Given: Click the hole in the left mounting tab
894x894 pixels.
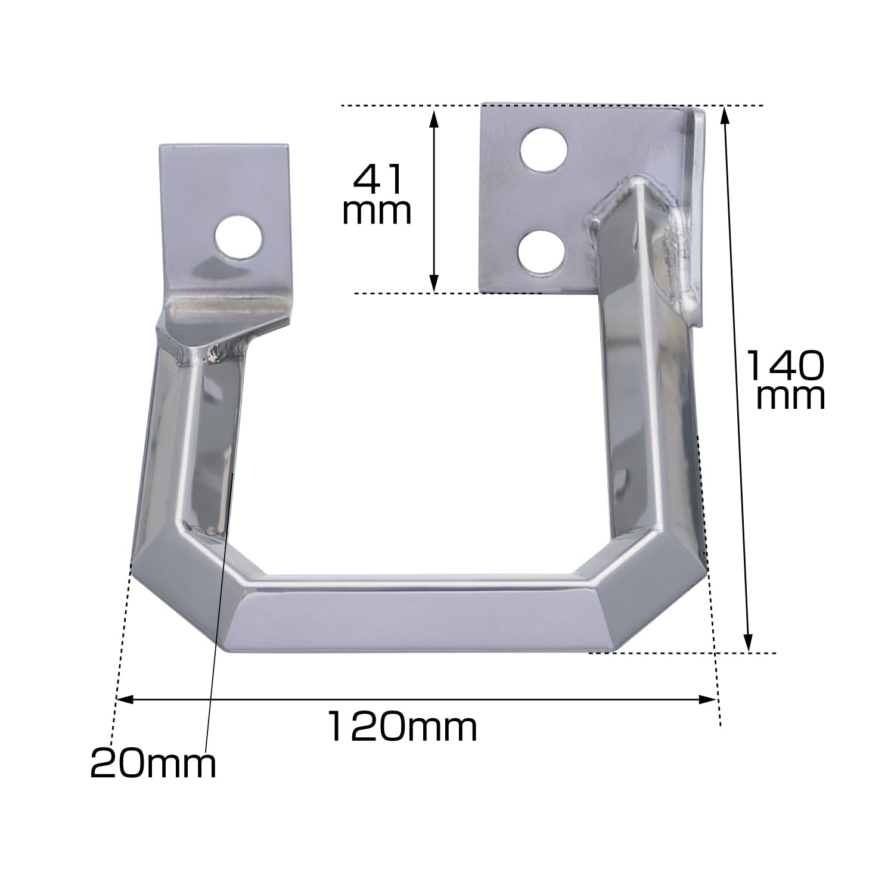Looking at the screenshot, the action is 238,238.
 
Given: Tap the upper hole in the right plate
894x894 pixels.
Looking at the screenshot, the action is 544,149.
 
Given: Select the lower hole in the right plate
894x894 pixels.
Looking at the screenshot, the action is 541,250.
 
